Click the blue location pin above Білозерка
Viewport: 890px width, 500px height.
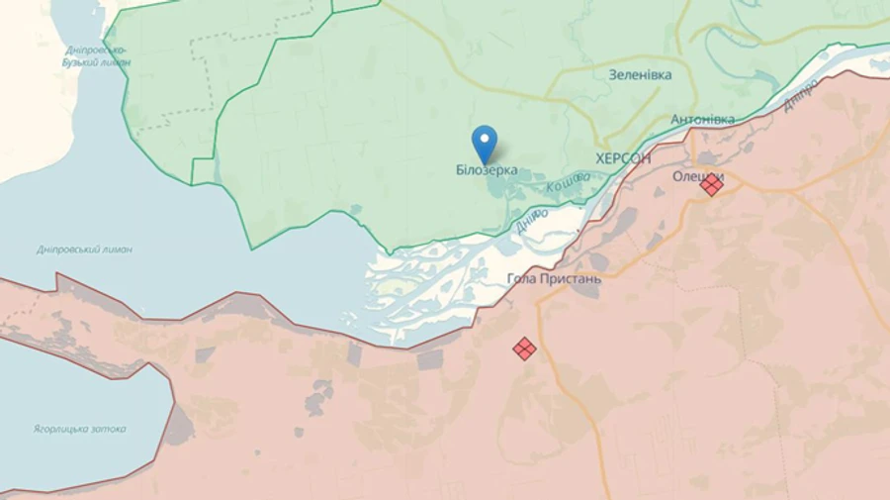click(484, 143)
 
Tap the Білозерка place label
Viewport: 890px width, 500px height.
click(487, 170)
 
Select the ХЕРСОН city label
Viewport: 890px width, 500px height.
click(623, 157)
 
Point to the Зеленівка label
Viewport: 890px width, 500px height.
click(640, 74)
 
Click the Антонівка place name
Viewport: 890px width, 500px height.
click(702, 120)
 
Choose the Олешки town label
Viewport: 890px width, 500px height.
click(698, 175)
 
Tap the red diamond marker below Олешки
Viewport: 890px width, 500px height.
click(711, 185)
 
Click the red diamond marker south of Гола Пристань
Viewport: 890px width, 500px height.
click(525, 349)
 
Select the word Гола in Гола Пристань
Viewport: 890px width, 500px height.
click(522, 278)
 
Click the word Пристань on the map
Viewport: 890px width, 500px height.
click(571, 278)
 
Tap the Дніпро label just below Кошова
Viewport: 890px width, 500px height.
click(531, 221)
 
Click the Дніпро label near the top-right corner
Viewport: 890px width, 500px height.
click(801, 94)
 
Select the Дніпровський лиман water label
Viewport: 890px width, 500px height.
click(84, 250)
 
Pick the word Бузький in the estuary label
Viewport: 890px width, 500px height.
click(83, 62)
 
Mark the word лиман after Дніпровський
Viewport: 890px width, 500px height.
click(118, 250)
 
